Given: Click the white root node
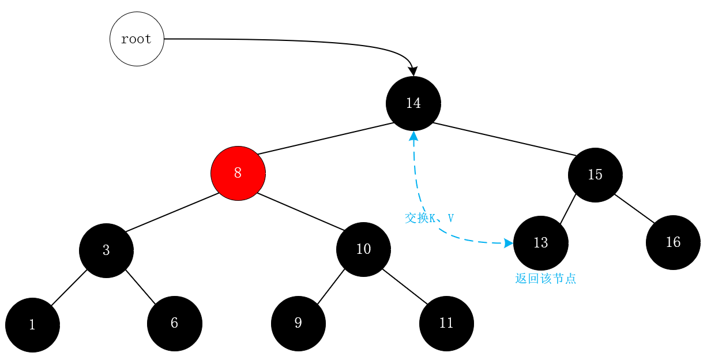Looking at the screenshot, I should (x=137, y=39).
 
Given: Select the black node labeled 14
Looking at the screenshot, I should (x=413, y=103).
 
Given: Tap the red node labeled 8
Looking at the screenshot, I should (x=238, y=172).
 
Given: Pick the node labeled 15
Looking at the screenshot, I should (x=595, y=175).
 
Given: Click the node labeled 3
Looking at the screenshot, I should (x=106, y=250).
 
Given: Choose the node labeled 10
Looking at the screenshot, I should (x=363, y=249).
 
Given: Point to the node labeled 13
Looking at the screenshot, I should (x=540, y=243).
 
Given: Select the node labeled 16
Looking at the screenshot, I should (x=673, y=242).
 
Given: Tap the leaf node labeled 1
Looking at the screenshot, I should (x=32, y=325).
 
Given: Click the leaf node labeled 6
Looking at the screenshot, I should (x=174, y=323).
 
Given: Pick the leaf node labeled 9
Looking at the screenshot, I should (x=298, y=323).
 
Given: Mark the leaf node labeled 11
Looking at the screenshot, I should (x=446, y=323).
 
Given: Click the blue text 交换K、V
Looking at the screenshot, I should (x=429, y=218).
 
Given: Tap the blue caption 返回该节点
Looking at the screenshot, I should (x=545, y=279).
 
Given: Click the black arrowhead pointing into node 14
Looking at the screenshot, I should (x=413, y=72).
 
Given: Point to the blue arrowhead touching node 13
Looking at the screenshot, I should (x=509, y=243).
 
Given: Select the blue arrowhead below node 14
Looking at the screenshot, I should (x=413, y=136).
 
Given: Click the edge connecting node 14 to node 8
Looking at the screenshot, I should (x=326, y=138).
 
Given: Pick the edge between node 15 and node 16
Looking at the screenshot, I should (x=634, y=209).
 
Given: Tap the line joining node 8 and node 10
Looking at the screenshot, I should (x=300, y=211).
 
